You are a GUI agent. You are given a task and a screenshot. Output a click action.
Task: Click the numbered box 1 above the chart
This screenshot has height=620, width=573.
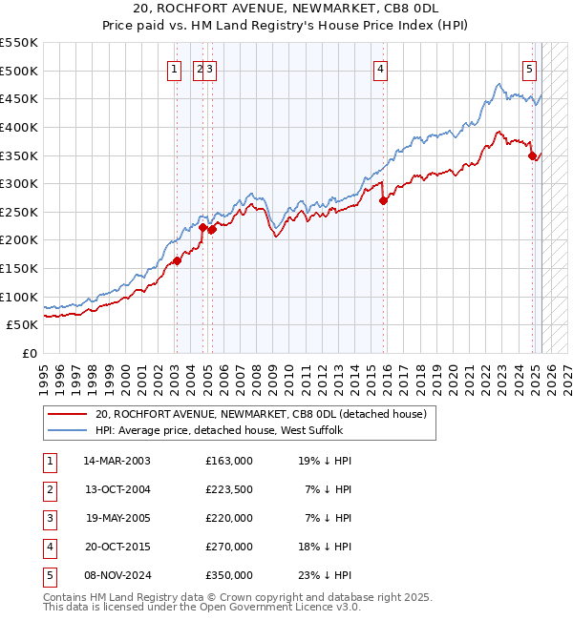coord(176,68)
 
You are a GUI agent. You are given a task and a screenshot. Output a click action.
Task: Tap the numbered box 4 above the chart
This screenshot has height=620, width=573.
coord(380,68)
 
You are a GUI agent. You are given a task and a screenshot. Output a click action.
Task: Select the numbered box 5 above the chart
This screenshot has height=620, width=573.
coord(529,68)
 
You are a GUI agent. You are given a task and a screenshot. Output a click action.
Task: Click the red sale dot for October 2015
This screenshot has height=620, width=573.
coord(383,200)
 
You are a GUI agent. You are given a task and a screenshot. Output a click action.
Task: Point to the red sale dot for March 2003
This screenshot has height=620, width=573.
coord(177,260)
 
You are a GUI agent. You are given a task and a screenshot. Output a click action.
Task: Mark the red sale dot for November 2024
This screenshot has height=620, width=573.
coord(532,155)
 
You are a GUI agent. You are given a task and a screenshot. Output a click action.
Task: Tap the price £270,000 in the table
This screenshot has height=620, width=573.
coord(229,547)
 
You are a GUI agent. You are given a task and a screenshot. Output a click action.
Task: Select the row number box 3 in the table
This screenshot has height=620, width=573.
coord(48,518)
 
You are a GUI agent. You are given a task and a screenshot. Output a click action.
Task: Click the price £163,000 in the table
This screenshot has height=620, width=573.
coord(229,461)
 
